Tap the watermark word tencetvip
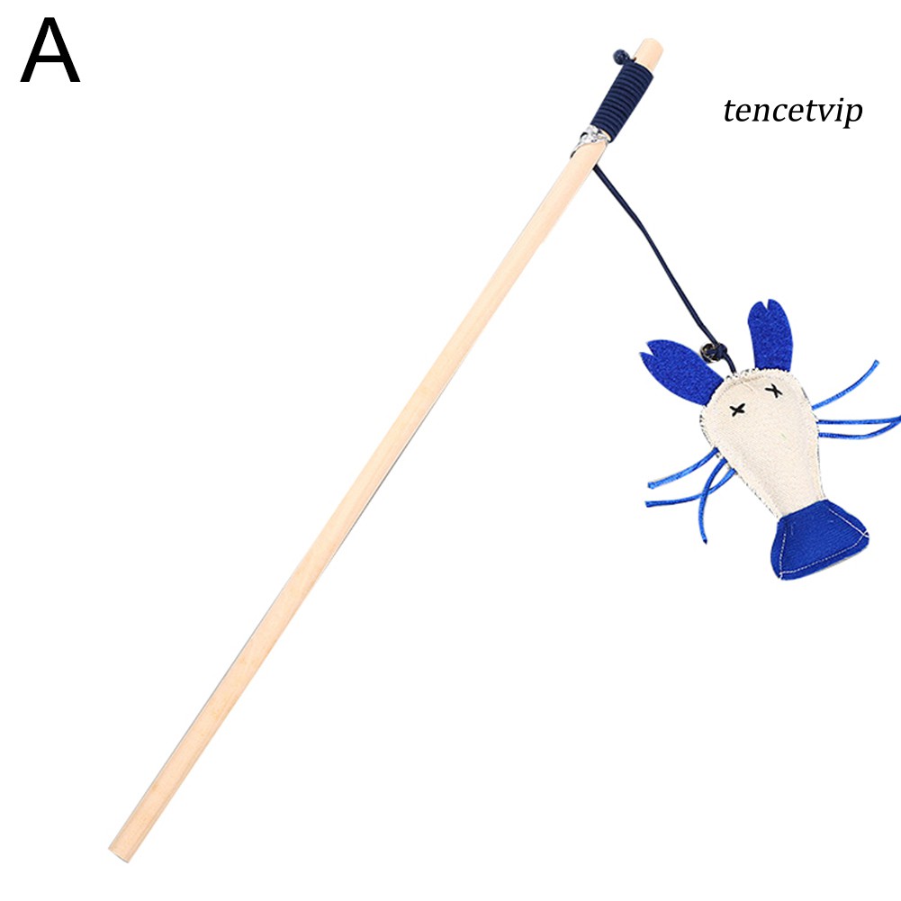[x=792, y=112]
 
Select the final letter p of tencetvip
[x=852, y=115]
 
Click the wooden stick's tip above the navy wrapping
[x=647, y=46]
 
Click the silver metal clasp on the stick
[x=590, y=139]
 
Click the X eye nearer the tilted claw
[x=738, y=410]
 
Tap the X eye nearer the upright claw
[x=772, y=388]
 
